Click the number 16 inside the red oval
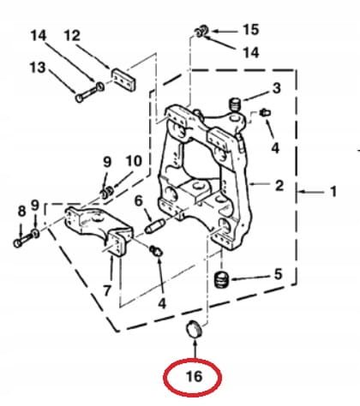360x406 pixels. click(194, 376)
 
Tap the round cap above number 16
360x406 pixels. click(194, 330)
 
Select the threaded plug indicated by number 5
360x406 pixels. click(222, 279)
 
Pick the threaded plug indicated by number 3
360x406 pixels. click(236, 104)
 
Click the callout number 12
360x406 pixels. click(72, 36)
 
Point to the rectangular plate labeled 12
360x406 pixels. click(123, 80)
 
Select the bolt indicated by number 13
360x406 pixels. click(89, 92)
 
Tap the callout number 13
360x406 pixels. click(38, 68)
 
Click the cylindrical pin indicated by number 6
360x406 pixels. click(154, 225)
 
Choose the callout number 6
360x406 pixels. click(139, 201)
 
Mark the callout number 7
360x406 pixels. click(107, 290)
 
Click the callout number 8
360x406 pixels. click(21, 212)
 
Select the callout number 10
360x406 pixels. click(134, 162)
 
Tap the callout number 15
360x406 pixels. click(251, 30)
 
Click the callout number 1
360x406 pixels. click(333, 192)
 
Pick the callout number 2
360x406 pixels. click(279, 186)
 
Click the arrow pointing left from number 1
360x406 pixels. click(311, 192)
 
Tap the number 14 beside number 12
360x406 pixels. click(39, 36)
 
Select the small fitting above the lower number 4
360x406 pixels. click(156, 251)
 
